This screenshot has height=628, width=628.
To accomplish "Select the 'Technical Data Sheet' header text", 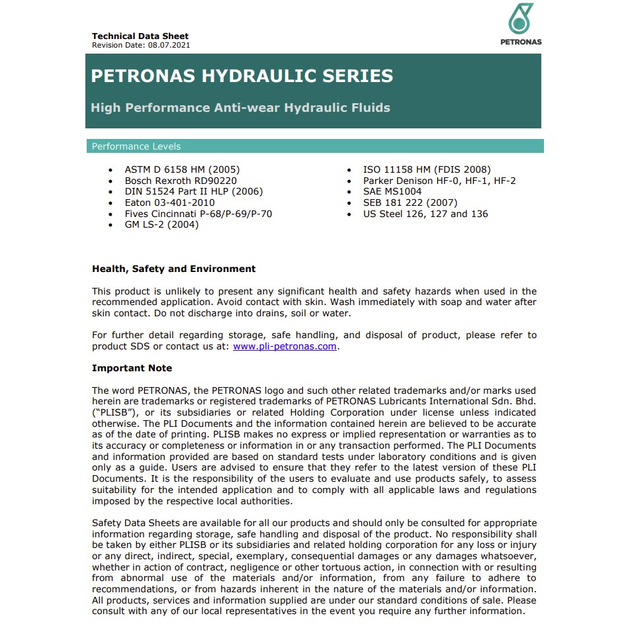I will pyautogui.click(x=140, y=36).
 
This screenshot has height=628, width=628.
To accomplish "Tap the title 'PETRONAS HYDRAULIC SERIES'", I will pyautogui.click(x=242, y=75).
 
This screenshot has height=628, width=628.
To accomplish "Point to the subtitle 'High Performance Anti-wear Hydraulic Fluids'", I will pyautogui.click(x=240, y=107).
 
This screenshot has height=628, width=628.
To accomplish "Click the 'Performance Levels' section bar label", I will pyautogui.click(x=136, y=146).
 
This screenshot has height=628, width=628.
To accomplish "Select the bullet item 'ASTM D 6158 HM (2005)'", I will pyautogui.click(x=182, y=170).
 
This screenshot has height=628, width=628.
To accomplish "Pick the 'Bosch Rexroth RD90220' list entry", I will pyautogui.click(x=181, y=181).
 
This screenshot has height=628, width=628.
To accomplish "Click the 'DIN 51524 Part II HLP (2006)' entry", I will pyautogui.click(x=194, y=192).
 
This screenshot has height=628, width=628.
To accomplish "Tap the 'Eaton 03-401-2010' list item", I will pyautogui.click(x=169, y=202).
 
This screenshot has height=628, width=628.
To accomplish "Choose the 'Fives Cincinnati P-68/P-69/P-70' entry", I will pyautogui.click(x=199, y=214).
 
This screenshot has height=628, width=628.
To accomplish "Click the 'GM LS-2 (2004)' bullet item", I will pyautogui.click(x=161, y=224).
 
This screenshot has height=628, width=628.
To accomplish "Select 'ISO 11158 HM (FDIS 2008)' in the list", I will pyautogui.click(x=427, y=170).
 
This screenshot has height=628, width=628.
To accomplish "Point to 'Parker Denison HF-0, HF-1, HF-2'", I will pyautogui.click(x=439, y=181).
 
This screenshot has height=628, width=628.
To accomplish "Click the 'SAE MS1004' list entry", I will pyautogui.click(x=392, y=192).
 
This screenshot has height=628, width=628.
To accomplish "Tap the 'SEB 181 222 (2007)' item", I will pyautogui.click(x=410, y=202).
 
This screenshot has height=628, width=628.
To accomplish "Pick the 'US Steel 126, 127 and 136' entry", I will pyautogui.click(x=425, y=214).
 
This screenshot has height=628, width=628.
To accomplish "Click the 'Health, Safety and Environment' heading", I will pyautogui.click(x=173, y=269).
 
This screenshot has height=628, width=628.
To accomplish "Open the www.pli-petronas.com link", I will pyautogui.click(x=285, y=346).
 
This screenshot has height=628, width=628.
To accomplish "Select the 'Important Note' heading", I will pyautogui.click(x=132, y=368).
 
